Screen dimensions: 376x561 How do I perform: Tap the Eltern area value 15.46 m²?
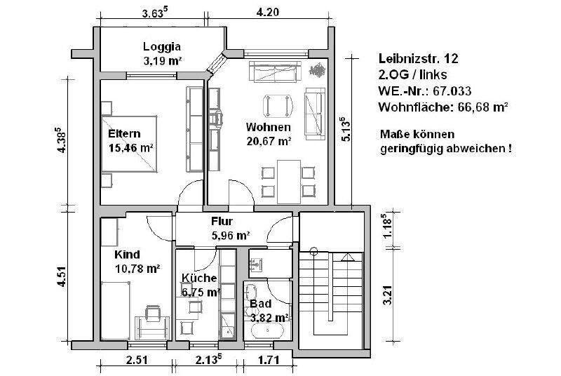point(131,148)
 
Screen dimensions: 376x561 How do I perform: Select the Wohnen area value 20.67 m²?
point(269,141)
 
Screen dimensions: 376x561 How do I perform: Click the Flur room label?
point(222,221)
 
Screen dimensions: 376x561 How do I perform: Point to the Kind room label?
point(128,254)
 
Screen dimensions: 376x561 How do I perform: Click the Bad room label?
point(260,304)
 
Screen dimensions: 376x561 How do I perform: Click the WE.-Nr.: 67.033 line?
point(424,91)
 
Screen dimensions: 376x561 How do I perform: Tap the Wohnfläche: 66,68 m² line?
point(442,107)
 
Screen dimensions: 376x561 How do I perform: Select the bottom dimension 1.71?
point(266,363)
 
